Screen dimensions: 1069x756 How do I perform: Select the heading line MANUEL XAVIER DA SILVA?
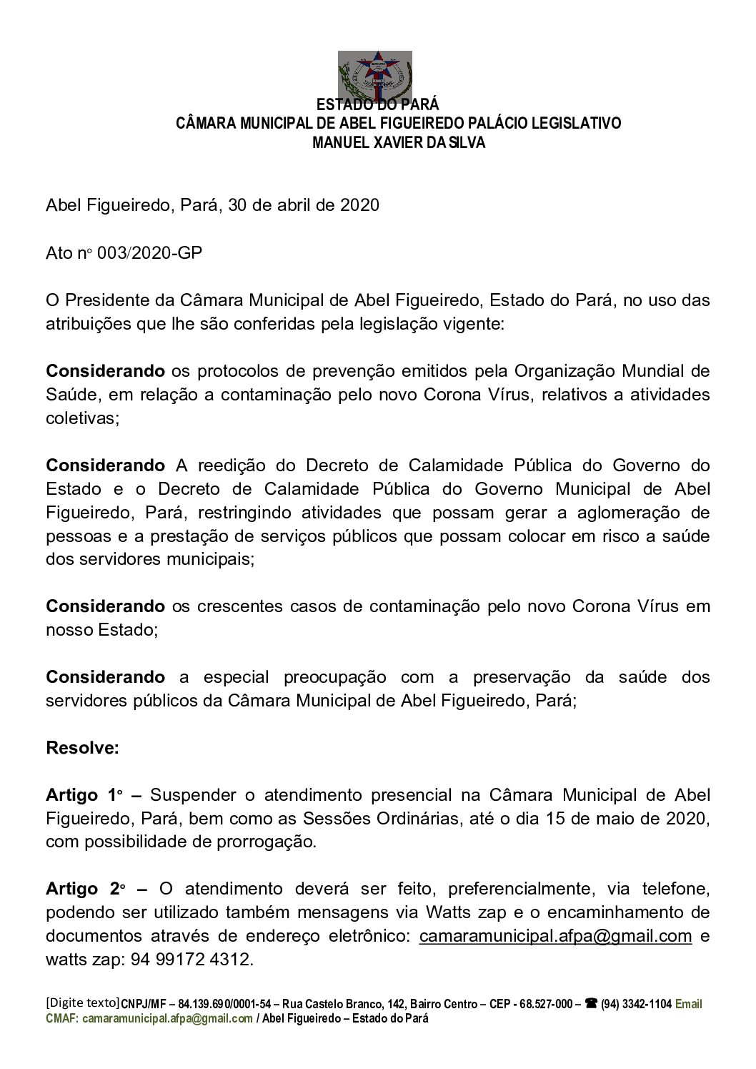pyautogui.click(x=399, y=143)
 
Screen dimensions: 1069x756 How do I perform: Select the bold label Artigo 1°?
pyautogui.click(x=84, y=795)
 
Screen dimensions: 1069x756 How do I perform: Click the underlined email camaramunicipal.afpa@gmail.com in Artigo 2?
pyautogui.click(x=555, y=936)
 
